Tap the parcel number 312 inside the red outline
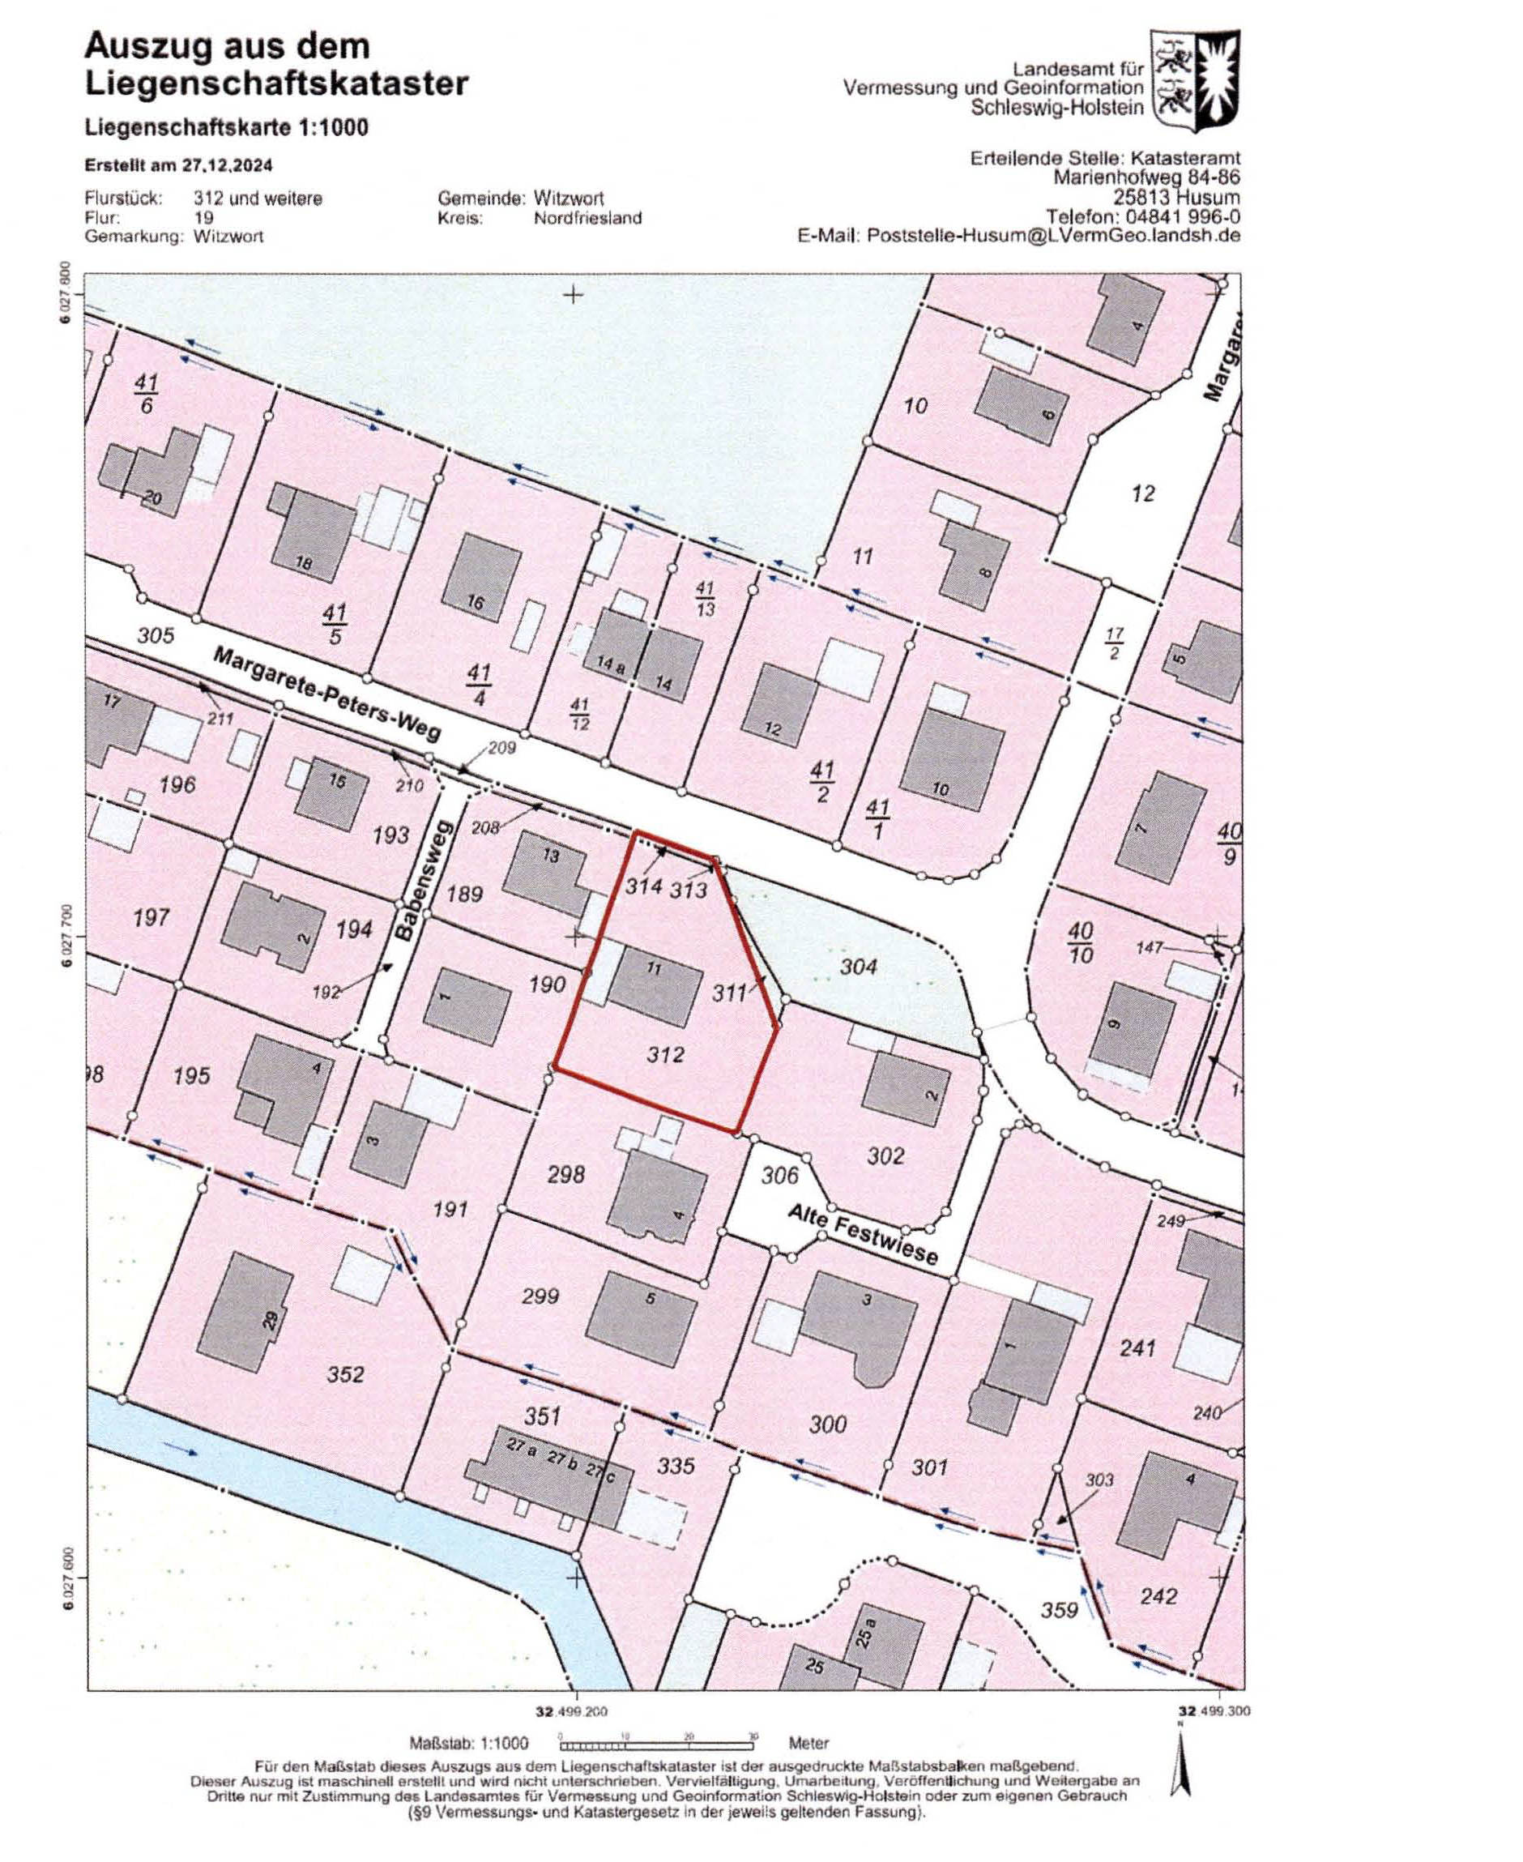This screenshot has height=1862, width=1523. (664, 1055)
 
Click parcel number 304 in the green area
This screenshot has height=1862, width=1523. (858, 966)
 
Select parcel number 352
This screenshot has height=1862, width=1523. (345, 1374)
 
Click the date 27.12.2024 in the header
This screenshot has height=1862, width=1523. (227, 165)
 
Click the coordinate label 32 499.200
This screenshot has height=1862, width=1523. (571, 1711)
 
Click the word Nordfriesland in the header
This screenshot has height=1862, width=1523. (587, 218)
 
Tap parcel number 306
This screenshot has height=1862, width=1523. (779, 1175)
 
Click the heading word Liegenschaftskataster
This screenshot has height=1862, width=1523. (276, 84)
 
